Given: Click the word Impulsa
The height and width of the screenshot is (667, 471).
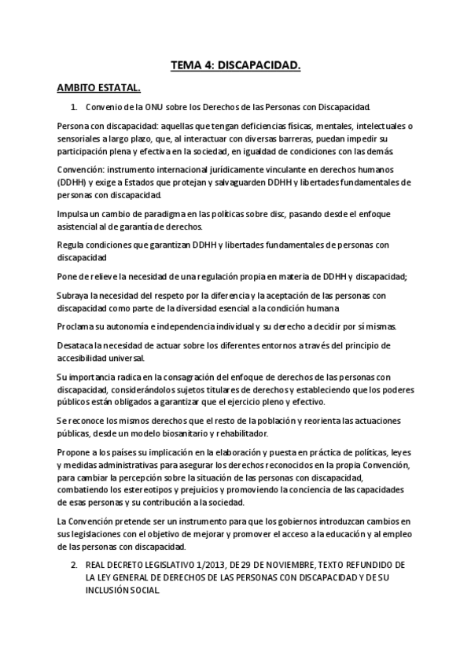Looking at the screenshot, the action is click(74, 214).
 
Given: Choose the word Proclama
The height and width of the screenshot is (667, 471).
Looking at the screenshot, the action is click(79, 326).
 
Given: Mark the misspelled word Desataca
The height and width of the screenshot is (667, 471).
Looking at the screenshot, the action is click(77, 345).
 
